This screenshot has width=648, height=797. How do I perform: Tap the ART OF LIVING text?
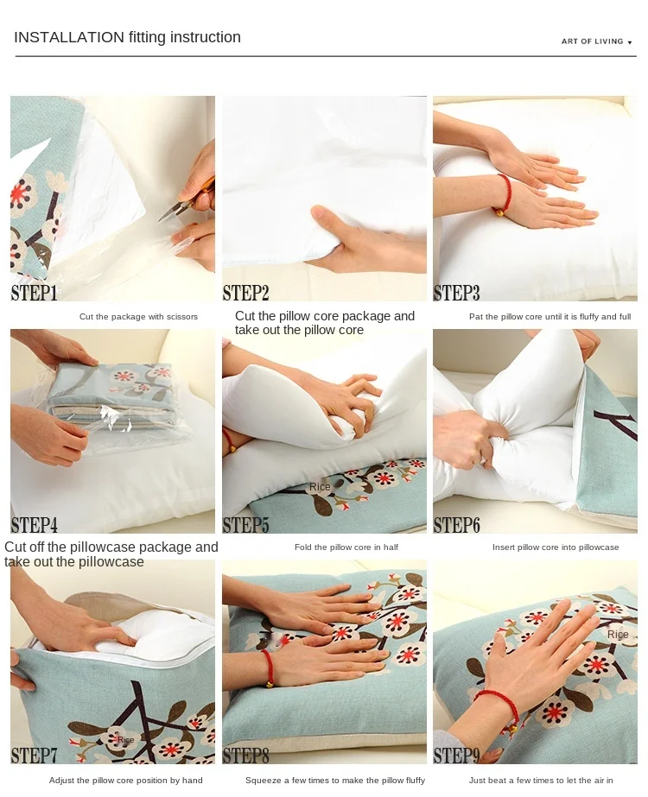tap(592, 41)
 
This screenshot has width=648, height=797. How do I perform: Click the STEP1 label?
tap(35, 293)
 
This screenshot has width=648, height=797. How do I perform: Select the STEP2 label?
tap(246, 293)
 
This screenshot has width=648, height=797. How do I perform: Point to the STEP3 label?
tap(457, 293)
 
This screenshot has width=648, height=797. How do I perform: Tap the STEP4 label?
tap(35, 524)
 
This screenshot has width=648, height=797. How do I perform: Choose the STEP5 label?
tap(246, 524)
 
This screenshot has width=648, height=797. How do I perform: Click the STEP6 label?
tap(457, 524)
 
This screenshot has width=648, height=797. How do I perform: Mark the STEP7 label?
tap(35, 756)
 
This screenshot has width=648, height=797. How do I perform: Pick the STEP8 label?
tap(246, 756)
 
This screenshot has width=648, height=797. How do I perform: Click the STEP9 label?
tap(457, 756)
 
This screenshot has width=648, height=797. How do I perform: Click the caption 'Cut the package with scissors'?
tap(138, 317)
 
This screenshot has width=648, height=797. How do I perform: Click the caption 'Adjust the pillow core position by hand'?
tap(126, 781)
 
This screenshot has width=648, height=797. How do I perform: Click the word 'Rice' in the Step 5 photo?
tap(320, 487)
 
